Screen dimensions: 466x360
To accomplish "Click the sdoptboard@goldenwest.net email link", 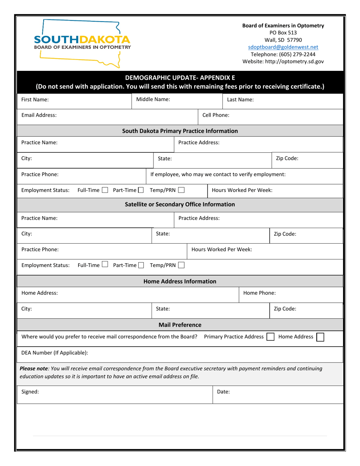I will coord(283,47).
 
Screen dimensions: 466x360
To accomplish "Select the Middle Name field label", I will coord(153,100).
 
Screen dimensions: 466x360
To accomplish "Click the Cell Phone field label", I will coord(216,115).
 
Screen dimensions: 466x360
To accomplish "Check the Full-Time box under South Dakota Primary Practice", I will coord(105,190).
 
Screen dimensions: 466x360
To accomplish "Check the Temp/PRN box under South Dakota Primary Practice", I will coord(181,190).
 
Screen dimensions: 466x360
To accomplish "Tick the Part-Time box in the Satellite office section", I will coord(141,265).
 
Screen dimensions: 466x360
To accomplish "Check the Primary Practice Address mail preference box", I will coord(270,337).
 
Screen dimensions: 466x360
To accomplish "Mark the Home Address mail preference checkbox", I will coord(320,337).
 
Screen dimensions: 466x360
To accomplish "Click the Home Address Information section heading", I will coord(180,281).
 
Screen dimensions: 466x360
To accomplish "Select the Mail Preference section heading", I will coord(180,325).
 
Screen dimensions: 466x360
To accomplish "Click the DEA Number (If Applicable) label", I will coord(55,353).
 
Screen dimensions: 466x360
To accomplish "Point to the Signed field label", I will coord(30,392).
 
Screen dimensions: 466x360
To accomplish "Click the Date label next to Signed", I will coord(223,392).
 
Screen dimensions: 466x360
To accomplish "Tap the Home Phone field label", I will coord(259,293).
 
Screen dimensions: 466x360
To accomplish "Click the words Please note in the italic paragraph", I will coord(34,368).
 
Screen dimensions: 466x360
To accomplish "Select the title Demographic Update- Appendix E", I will coord(180,78).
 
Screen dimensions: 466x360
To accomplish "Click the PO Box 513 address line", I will coord(283,33).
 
